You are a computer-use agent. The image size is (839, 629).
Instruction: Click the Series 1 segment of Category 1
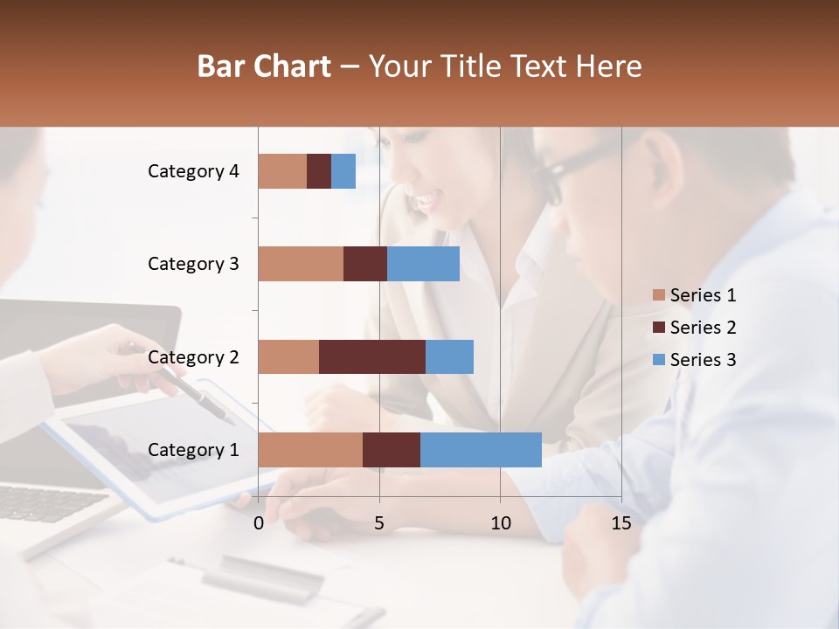tap(310, 450)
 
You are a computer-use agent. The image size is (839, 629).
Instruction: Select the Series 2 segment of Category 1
tap(392, 450)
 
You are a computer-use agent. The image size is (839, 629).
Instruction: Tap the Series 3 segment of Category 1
tap(481, 450)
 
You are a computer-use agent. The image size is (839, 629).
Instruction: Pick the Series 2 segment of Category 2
tap(372, 356)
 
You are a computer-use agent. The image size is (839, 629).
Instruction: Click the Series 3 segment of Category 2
tap(449, 356)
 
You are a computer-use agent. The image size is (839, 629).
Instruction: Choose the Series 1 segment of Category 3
tap(301, 264)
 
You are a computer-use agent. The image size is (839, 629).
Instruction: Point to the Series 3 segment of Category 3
tap(423, 264)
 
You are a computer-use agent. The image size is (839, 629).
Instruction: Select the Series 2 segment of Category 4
tap(319, 171)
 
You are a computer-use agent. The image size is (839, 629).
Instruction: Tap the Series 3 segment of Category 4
tap(343, 171)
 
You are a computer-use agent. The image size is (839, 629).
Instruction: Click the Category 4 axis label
tap(193, 171)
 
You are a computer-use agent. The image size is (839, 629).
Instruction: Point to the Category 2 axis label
tap(193, 356)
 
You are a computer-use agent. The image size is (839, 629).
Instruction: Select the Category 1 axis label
tap(193, 450)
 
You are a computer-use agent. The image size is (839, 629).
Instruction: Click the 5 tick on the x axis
tap(379, 523)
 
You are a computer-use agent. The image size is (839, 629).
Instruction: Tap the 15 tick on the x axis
tap(621, 523)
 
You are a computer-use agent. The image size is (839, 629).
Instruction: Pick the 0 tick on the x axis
tap(259, 523)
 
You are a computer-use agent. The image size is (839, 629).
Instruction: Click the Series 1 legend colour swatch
tap(659, 295)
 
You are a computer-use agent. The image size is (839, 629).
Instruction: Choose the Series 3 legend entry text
tap(703, 360)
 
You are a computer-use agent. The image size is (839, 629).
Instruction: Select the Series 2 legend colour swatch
tap(659, 328)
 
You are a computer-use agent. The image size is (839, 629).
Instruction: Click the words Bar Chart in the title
tap(264, 66)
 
